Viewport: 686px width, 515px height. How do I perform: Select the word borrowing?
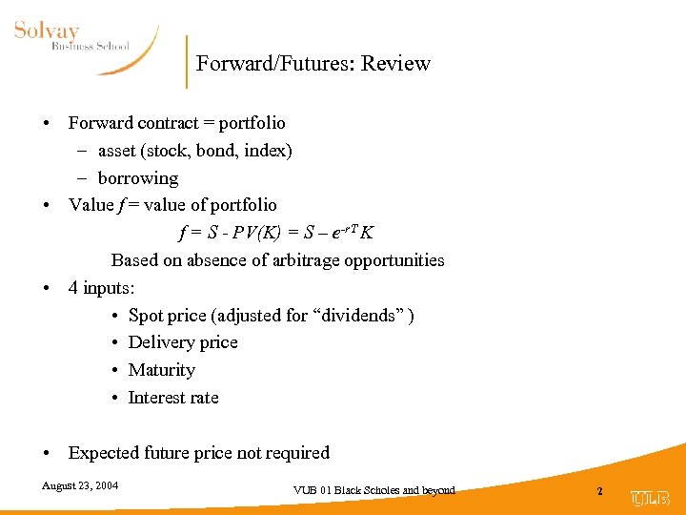pos(137,178)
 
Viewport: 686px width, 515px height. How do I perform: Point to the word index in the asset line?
pos(265,151)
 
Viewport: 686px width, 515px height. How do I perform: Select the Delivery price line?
pos(183,342)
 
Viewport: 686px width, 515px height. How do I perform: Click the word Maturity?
pos(161,370)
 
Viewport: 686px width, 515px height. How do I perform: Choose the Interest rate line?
pos(173,398)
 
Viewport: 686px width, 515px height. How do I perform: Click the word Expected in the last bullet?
pos(102,453)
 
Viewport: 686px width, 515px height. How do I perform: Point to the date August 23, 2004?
pos(80,485)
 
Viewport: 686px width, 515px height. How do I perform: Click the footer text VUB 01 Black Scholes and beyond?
pos(374,490)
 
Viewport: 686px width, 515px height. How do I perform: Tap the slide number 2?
pos(599,490)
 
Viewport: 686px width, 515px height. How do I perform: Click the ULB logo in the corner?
pos(651,498)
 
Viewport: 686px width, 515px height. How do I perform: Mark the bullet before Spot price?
pos(114,316)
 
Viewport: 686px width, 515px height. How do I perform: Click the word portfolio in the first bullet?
pos(251,123)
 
